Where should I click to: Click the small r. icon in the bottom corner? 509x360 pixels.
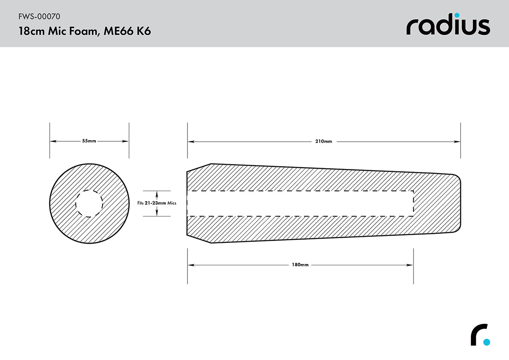480,335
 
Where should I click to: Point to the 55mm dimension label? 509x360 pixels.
89,141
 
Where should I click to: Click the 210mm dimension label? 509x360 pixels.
324,141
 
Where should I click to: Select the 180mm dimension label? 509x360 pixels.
300,265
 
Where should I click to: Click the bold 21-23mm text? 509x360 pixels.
155,203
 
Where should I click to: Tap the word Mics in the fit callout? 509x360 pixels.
172,203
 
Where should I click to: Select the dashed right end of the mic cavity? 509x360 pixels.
413,203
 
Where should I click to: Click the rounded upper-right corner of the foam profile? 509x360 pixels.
457,177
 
